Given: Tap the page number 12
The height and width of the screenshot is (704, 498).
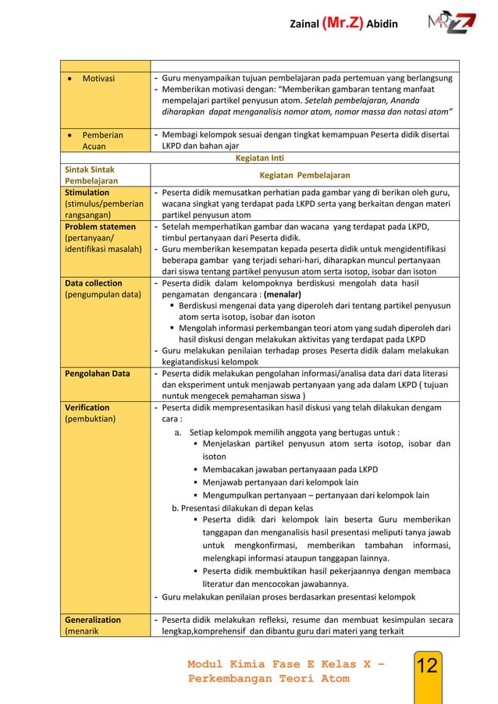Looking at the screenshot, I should coord(427,666).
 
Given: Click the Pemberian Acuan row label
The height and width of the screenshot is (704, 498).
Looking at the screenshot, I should coord(102,140).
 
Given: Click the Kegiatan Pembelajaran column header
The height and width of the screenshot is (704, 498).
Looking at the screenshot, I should coord(304,176).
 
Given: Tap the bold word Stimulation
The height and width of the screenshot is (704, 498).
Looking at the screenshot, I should coord(87,193).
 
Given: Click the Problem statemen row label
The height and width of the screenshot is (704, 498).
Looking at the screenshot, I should coord(100,227).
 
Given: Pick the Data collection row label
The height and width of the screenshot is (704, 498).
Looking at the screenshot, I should coord(94,284).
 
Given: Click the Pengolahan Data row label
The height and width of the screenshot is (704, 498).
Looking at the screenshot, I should coord(98,374).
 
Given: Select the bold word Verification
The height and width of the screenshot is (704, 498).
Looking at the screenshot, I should coord(87,407).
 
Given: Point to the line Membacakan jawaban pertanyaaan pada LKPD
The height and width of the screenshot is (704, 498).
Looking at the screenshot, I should coord(290,470).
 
